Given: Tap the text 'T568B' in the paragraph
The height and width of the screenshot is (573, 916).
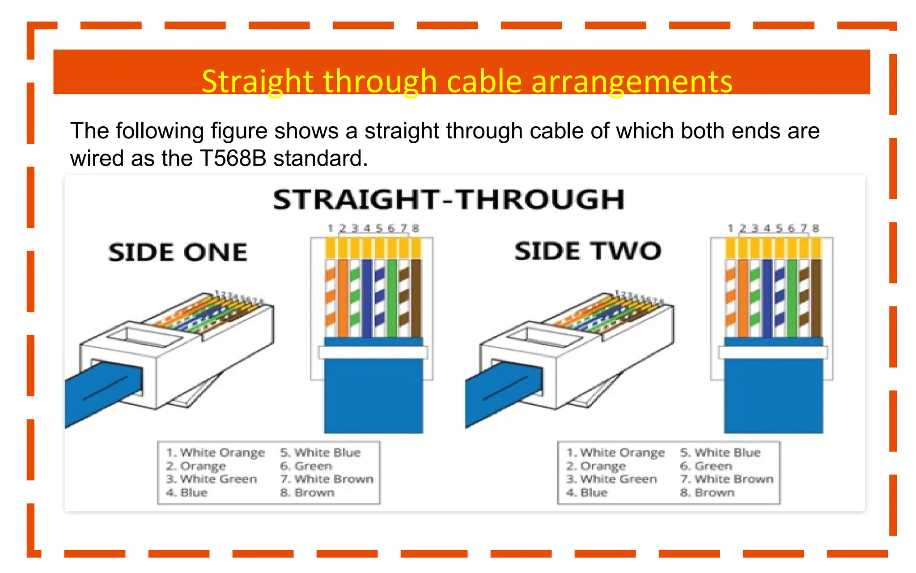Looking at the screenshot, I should (233, 158).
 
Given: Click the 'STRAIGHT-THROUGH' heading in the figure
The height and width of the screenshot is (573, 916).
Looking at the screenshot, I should (449, 200).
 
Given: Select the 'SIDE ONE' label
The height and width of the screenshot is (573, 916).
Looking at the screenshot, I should (178, 252).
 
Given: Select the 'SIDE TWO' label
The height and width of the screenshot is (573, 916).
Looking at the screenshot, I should (587, 251).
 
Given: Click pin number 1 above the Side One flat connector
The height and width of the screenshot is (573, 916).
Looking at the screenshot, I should (330, 228).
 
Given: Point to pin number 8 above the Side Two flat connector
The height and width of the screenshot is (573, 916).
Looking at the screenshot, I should (816, 228).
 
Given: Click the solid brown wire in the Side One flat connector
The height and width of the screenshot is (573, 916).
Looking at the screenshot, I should (416, 298).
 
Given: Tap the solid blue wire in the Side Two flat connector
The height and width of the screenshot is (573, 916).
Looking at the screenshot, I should (767, 298).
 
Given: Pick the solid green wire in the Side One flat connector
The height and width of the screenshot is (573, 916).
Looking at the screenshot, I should (392, 298).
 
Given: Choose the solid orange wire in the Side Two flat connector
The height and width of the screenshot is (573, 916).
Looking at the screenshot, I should (743, 298).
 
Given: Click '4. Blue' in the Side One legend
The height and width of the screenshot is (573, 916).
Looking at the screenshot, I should (187, 493).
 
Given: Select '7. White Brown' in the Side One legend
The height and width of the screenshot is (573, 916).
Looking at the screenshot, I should (327, 479).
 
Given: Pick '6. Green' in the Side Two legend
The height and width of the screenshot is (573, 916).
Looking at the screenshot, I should (706, 466).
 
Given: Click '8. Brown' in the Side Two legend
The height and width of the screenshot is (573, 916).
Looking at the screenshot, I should (707, 493).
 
